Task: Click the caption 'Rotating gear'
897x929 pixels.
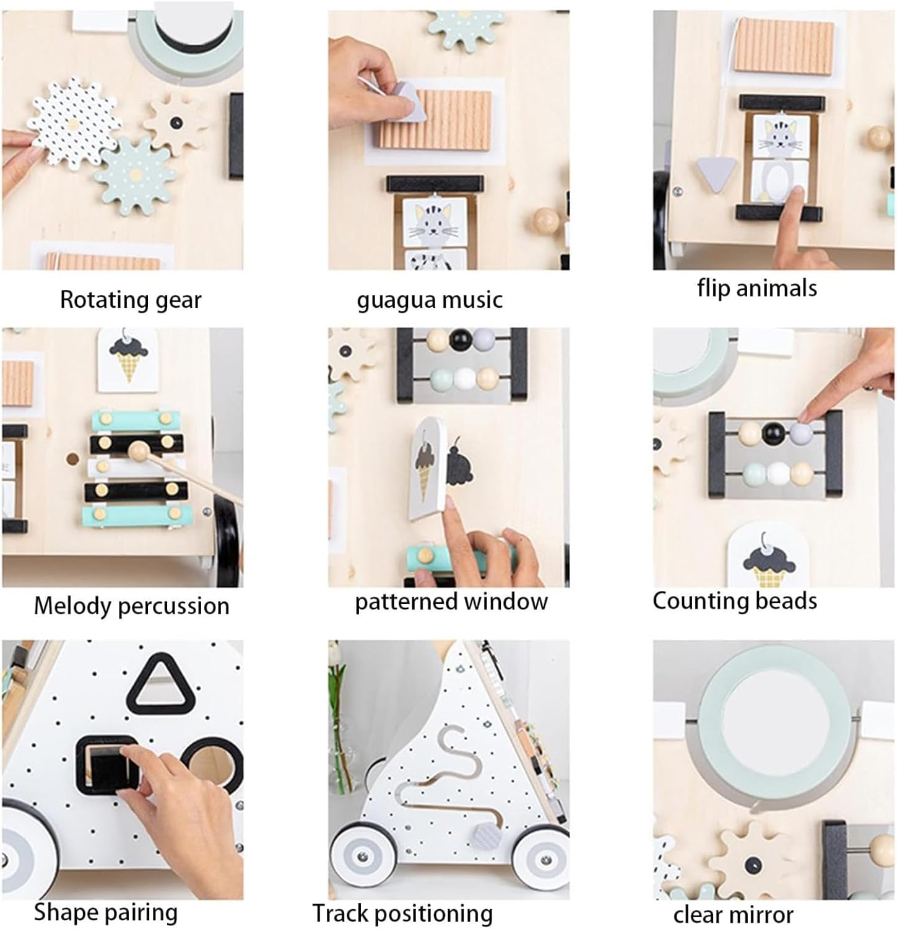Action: (131, 300)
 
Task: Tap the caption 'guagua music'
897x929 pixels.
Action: (430, 300)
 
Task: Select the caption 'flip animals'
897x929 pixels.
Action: (756, 288)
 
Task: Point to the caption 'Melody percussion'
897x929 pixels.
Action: (131, 606)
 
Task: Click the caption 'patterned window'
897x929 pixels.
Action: (451, 601)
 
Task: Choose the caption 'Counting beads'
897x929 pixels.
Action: (735, 601)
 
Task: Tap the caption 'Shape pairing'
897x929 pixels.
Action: (105, 912)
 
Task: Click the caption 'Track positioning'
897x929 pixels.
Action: (402, 914)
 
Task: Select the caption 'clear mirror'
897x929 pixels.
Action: (733, 915)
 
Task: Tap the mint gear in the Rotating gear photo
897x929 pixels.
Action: (136, 177)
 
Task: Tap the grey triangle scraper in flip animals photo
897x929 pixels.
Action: (717, 173)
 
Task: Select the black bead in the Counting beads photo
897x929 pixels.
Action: (774, 432)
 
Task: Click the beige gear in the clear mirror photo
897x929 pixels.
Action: (753, 861)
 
